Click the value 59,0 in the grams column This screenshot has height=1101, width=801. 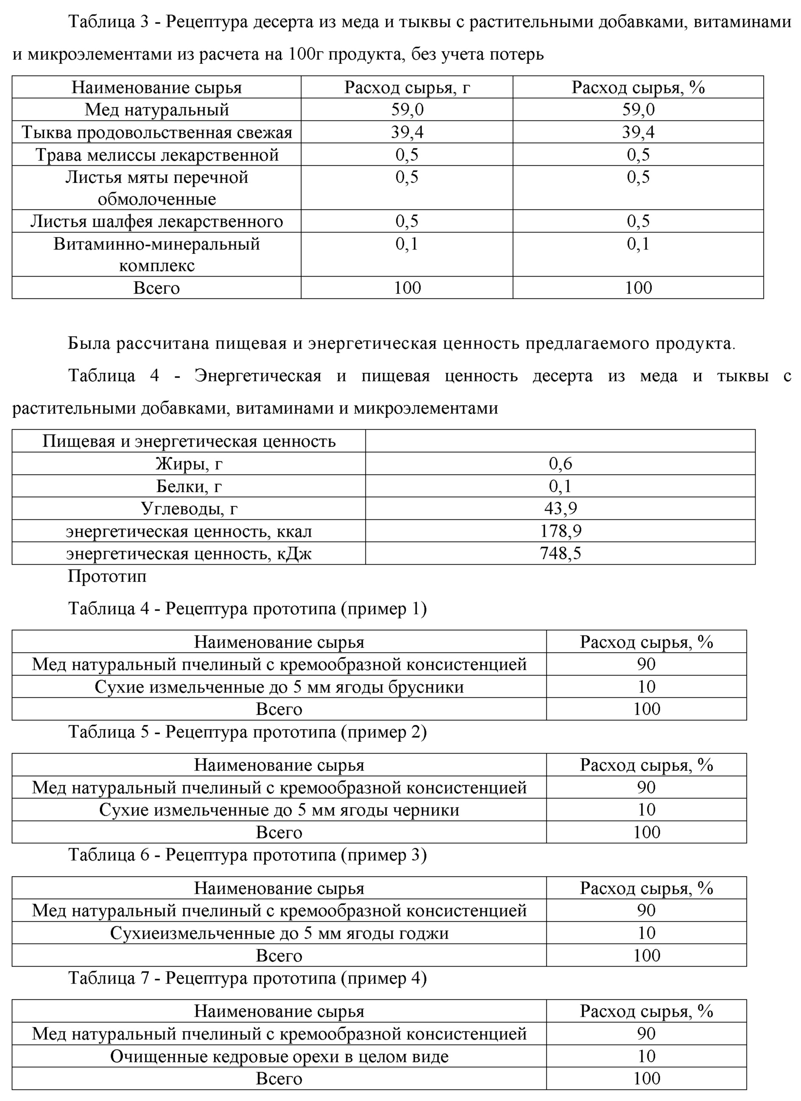[407, 110]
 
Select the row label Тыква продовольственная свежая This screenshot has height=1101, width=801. [157, 132]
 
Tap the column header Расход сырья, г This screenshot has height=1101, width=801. [407, 87]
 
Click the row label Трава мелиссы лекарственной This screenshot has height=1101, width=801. [157, 155]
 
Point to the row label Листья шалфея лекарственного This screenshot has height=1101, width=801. [157, 221]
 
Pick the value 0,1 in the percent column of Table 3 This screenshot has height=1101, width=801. [638, 244]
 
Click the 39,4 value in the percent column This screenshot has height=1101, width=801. [638, 132]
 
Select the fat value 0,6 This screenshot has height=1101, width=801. [560, 464]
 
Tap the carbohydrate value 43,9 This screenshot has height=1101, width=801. [560, 508]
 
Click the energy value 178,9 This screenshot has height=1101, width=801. [560, 531]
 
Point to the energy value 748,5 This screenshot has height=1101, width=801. [560, 553]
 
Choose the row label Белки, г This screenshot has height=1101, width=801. [189, 486]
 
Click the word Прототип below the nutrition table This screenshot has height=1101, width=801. [107, 576]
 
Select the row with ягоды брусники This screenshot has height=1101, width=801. [279, 687]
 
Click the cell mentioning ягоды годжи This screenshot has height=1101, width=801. [279, 933]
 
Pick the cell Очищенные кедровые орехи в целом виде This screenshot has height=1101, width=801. [279, 1056]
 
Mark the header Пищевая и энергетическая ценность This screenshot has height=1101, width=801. [189, 441]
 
